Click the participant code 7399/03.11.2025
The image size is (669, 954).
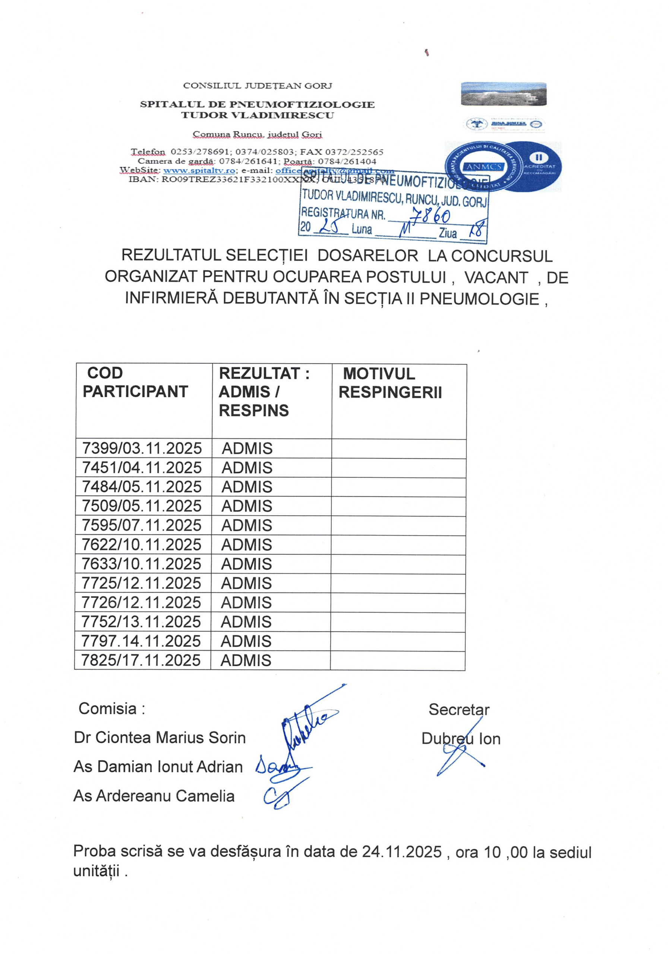(x=142, y=448)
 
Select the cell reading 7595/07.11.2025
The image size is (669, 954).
(x=141, y=525)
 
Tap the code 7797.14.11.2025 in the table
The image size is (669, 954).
(x=141, y=641)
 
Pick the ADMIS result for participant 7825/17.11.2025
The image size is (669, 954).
(x=246, y=660)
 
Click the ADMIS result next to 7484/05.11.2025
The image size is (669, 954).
(x=247, y=487)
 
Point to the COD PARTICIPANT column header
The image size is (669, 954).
(x=135, y=382)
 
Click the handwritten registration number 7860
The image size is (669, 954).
(x=430, y=215)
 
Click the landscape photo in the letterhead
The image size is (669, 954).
(x=504, y=94)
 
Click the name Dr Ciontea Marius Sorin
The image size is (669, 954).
(x=160, y=737)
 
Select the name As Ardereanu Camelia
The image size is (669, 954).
(x=154, y=796)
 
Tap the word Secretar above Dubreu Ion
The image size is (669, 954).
(x=459, y=710)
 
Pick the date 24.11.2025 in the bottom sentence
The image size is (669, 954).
(x=401, y=852)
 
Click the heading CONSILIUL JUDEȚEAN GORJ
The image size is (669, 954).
(x=258, y=86)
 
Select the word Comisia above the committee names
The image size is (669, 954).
(x=107, y=709)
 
